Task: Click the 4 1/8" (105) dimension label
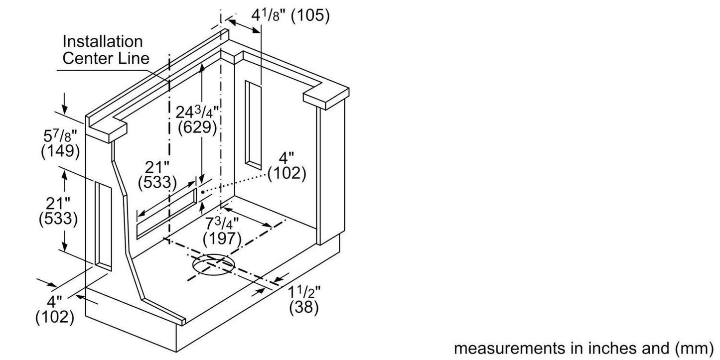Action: click(290, 15)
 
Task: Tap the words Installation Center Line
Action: click(106, 50)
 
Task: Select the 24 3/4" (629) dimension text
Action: click(197, 120)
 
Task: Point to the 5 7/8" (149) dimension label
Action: click(60, 143)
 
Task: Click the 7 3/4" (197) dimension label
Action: click(222, 231)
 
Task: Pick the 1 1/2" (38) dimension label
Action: click(304, 300)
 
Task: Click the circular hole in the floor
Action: click(213, 264)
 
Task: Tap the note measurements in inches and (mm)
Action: click(583, 348)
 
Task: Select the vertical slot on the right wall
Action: click(253, 125)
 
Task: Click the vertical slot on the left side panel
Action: click(103, 226)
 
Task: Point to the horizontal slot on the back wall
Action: click(166, 214)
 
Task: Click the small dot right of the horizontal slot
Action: click(203, 192)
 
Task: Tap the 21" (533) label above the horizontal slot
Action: click(157, 175)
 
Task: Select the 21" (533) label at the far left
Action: click(58, 211)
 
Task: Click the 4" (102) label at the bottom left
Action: click(55, 310)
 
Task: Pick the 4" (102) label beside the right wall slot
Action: click(287, 166)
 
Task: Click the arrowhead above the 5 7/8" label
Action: click(65, 110)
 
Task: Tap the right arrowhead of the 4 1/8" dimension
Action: click(256, 30)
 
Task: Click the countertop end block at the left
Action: click(107, 129)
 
